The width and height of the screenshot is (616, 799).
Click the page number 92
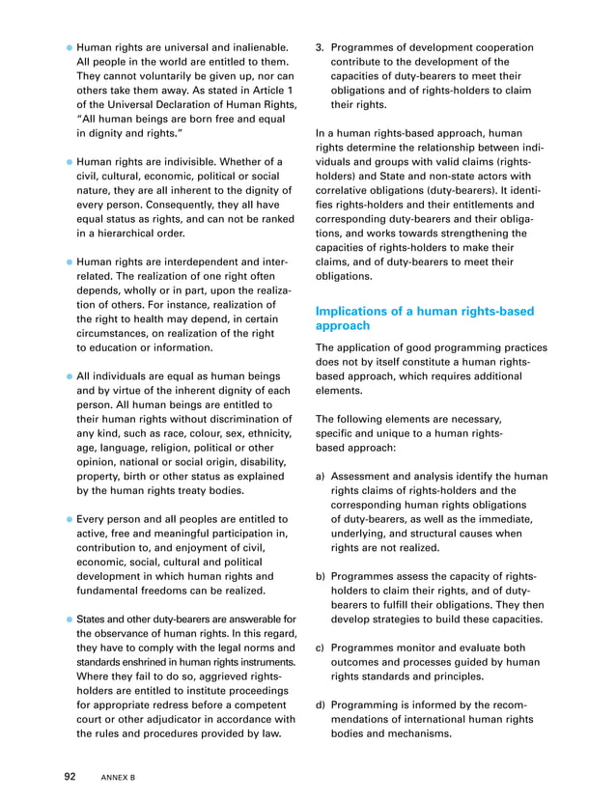(70, 776)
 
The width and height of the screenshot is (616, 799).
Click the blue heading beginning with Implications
(424, 319)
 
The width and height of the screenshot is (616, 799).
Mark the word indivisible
(212, 159)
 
